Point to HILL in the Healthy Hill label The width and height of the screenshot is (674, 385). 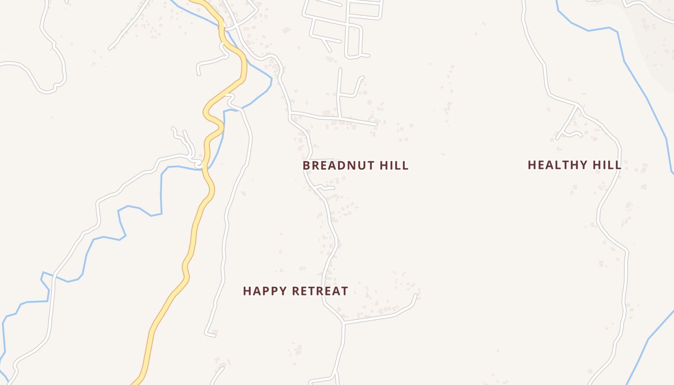point(607,165)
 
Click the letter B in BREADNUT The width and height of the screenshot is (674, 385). point(306,166)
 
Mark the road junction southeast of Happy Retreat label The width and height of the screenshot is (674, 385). point(343,322)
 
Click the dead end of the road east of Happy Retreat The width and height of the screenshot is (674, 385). point(415,295)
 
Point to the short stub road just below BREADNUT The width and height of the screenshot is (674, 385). point(325,187)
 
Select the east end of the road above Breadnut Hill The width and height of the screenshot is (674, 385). point(376,124)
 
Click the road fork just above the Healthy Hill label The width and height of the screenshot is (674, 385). point(578,105)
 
